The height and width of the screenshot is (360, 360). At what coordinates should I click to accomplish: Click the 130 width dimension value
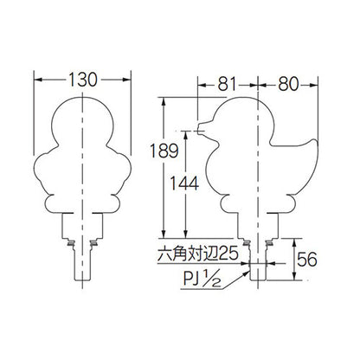(x=83, y=80)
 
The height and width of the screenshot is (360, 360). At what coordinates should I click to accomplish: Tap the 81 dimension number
(x=227, y=85)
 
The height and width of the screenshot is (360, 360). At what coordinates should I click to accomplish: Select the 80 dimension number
(x=288, y=85)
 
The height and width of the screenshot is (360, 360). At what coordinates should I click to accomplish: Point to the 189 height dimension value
(x=164, y=151)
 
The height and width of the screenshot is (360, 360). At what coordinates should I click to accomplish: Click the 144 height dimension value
(x=184, y=183)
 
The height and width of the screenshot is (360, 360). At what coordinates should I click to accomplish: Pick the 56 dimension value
(x=307, y=259)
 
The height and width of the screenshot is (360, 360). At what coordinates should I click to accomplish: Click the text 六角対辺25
(x=198, y=254)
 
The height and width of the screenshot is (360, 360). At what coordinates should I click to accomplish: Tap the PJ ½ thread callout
(x=202, y=280)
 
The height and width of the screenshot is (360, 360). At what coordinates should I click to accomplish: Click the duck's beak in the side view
(x=202, y=127)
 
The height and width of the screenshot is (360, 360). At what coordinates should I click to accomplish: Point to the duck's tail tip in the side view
(x=317, y=142)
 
